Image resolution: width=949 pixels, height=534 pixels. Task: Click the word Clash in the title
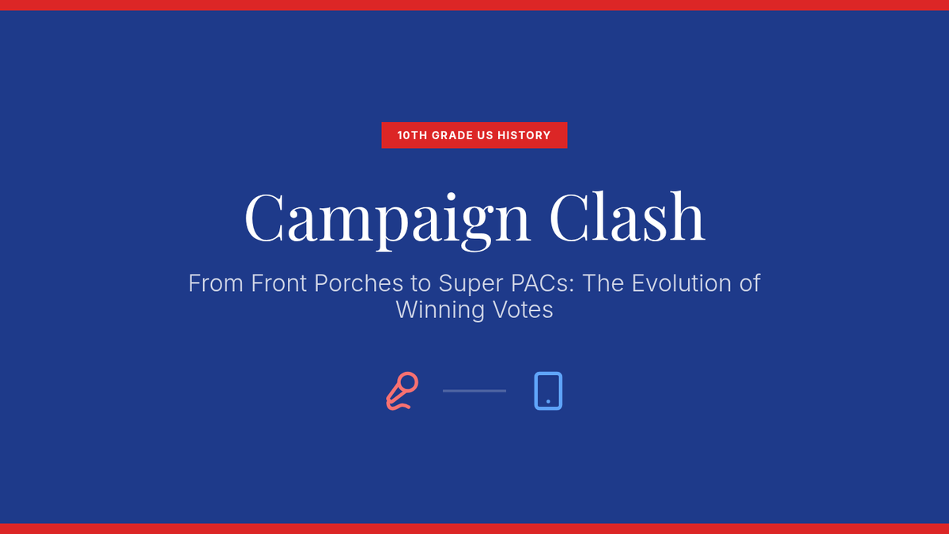627,216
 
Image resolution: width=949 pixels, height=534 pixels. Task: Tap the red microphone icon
402,391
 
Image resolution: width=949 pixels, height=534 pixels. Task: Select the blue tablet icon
548,391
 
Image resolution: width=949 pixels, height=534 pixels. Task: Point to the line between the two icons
475,391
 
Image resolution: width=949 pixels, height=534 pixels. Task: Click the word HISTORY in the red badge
524,135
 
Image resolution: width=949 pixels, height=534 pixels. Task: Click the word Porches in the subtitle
358,283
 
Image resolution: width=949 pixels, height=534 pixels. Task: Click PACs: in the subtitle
543,283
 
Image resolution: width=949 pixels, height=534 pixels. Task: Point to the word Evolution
682,283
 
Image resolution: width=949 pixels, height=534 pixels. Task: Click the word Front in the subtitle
278,283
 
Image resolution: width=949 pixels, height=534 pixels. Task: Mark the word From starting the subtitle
216,283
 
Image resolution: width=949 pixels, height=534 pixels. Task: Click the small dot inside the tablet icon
548,401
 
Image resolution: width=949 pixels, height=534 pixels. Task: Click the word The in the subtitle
603,283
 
